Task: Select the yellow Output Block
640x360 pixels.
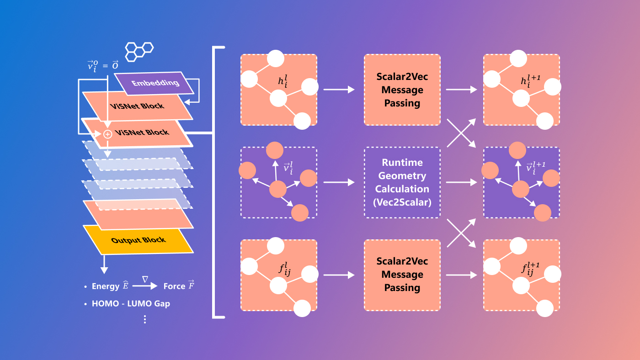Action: tap(138, 240)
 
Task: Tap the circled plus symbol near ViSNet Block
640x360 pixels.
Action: tap(108, 134)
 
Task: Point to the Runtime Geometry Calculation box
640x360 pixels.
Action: tap(402, 182)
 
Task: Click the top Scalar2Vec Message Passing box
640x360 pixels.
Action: tap(402, 90)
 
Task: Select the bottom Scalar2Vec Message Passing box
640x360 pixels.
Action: tap(402, 275)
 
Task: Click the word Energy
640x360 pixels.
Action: tap(106, 286)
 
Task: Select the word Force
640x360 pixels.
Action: tap(174, 286)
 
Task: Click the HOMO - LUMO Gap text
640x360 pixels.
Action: tap(131, 303)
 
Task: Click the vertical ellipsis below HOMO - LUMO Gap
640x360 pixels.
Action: tap(145, 319)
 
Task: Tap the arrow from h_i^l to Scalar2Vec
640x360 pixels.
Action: tap(339, 90)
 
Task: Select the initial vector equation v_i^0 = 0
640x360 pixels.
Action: tap(103, 65)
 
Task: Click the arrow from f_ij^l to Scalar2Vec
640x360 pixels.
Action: tap(339, 275)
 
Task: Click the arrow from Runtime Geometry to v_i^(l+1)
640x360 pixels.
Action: tap(461, 182)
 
